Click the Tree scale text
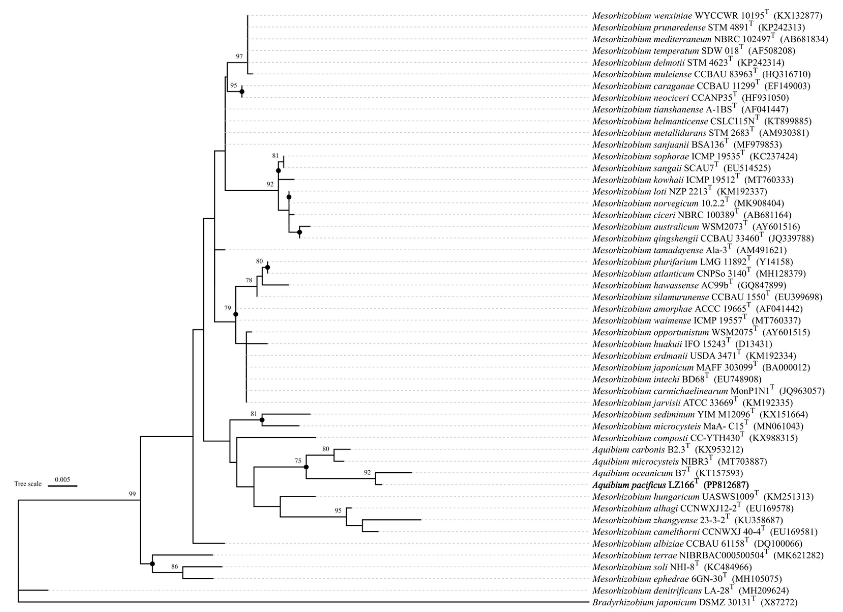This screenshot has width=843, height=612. (28, 484)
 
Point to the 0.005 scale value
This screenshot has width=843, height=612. (63, 480)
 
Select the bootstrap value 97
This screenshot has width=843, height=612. (239, 56)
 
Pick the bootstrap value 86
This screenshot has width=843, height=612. (174, 567)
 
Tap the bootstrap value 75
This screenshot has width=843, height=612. (298, 461)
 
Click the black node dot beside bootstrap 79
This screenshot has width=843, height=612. (236, 314)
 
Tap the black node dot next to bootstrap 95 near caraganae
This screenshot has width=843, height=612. (242, 92)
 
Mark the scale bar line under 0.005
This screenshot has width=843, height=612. (63, 486)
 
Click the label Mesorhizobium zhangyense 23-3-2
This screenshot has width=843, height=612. (661, 520)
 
